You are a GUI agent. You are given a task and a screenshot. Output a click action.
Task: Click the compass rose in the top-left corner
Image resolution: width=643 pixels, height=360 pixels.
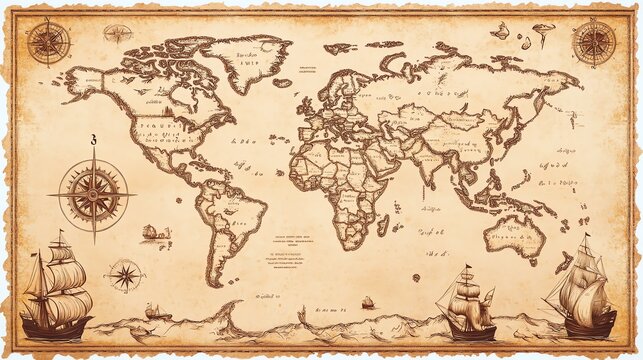[47, 42]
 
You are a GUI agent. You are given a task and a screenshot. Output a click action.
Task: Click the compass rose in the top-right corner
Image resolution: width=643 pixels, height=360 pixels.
[593, 42]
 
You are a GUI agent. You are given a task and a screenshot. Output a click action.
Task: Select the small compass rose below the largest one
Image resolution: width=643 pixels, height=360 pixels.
[125, 274]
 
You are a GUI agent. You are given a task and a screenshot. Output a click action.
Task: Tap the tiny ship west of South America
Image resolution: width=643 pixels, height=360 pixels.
[150, 233]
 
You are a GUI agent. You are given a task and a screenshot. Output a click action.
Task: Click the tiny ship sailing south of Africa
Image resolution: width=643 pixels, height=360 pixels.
[367, 301]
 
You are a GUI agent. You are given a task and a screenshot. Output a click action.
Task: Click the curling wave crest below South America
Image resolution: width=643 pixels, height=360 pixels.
[230, 310]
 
